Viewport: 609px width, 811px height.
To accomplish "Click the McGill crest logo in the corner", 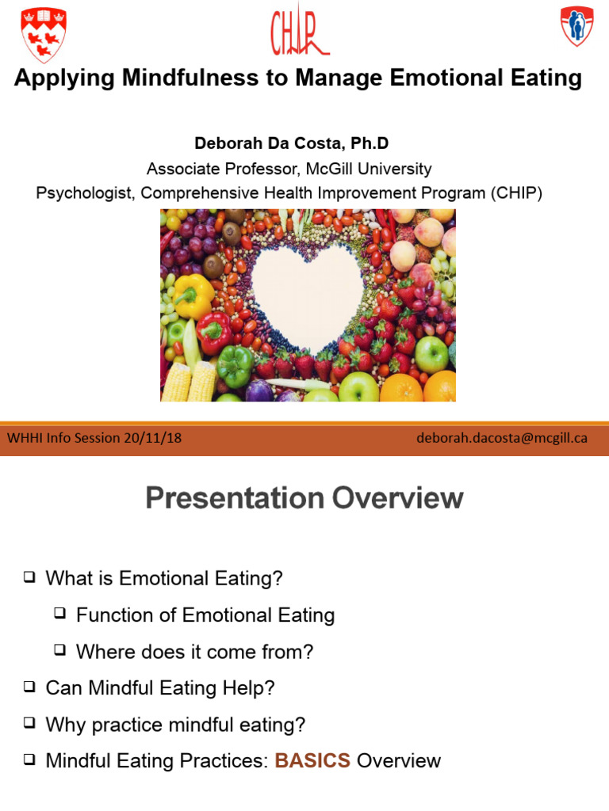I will tap(43, 35).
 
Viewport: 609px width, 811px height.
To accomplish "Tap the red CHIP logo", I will tap(299, 32).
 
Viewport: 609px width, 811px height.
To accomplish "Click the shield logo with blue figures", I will tap(576, 26).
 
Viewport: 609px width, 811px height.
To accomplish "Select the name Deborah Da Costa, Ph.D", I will tap(291, 143).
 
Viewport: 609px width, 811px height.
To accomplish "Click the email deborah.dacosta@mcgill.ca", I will tap(501, 438).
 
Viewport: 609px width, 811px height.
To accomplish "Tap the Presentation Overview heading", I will tap(304, 498).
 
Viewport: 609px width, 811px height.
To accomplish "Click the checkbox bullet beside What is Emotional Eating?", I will tap(30, 578).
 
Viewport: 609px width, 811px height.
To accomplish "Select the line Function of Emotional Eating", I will tap(205, 615).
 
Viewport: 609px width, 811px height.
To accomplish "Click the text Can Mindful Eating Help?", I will tap(160, 688).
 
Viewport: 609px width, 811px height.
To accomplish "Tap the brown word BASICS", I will tap(312, 761).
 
